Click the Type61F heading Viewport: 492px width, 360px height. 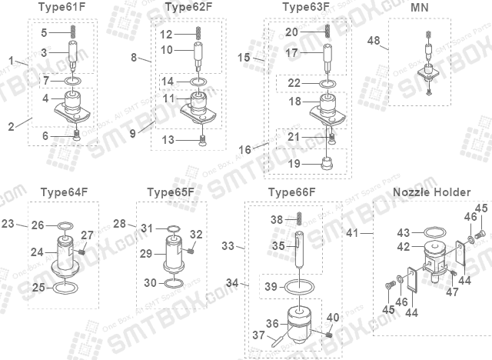tap(61, 8)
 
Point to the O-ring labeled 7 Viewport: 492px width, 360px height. tap(74, 80)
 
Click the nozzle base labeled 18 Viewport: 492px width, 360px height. tap(329, 108)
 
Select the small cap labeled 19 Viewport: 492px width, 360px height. tap(327, 163)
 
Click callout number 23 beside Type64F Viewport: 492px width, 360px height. tap(8, 224)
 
